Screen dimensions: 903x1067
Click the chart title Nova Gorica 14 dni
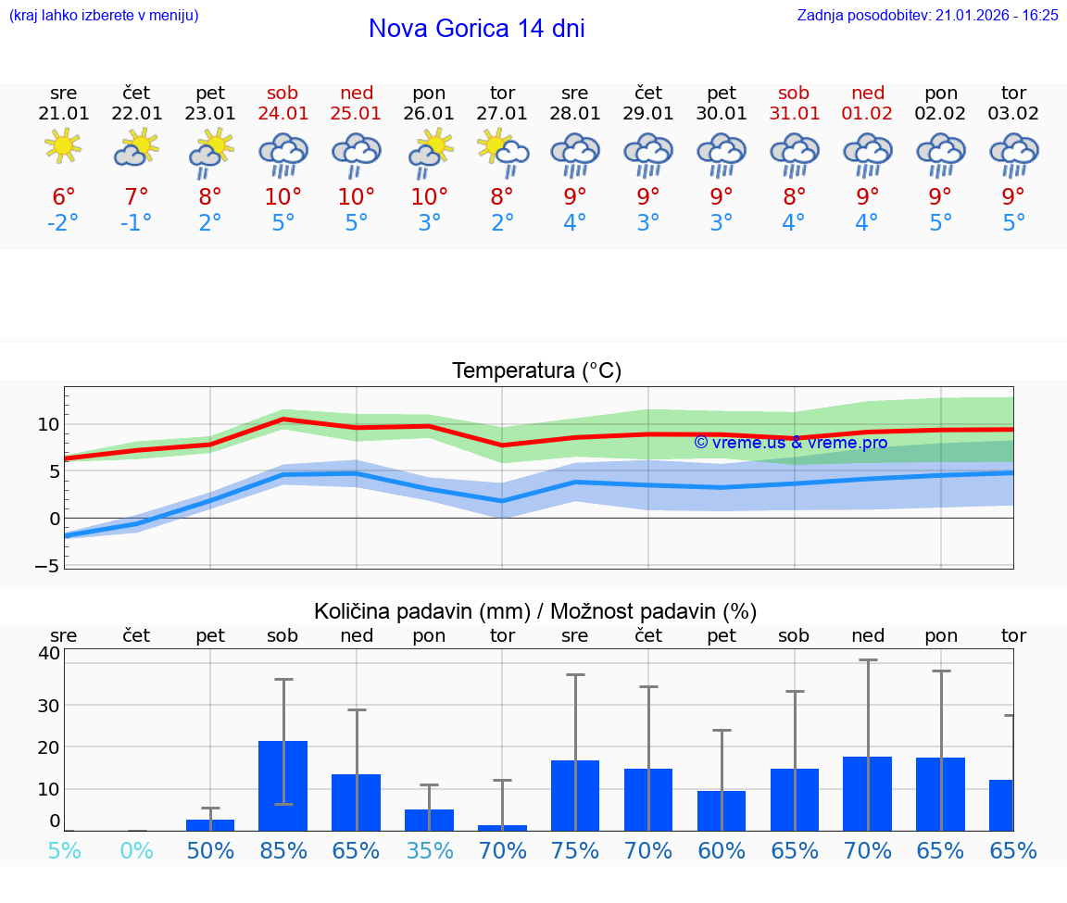pyautogui.click(x=476, y=29)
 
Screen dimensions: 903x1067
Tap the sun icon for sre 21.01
pyautogui.click(x=63, y=145)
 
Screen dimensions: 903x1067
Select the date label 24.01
pyautogui.click(x=282, y=114)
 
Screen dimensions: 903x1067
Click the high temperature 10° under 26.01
pyautogui.click(x=429, y=197)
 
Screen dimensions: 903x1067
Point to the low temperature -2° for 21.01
pyautogui.click(x=63, y=223)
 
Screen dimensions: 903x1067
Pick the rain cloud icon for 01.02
pyautogui.click(x=867, y=153)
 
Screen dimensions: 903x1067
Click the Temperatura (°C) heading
pyautogui.click(x=536, y=371)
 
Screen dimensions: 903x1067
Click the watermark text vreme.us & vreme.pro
pyautogui.click(x=790, y=443)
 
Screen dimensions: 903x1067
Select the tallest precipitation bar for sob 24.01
pyautogui.click(x=282, y=785)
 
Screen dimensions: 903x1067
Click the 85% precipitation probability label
pyautogui.click(x=282, y=850)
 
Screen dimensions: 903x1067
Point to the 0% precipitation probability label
pyautogui.click(x=136, y=850)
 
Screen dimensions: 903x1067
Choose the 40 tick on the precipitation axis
pyautogui.click(x=48, y=654)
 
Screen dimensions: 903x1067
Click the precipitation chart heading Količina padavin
pyautogui.click(x=535, y=611)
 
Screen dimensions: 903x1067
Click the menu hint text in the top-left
pyautogui.click(x=103, y=16)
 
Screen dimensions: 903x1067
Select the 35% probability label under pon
pyautogui.click(x=429, y=850)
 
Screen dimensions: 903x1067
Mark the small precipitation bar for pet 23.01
pyautogui.click(x=210, y=824)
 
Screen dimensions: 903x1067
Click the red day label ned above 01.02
pyautogui.click(x=867, y=93)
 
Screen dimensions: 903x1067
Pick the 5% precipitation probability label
pyautogui.click(x=63, y=850)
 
